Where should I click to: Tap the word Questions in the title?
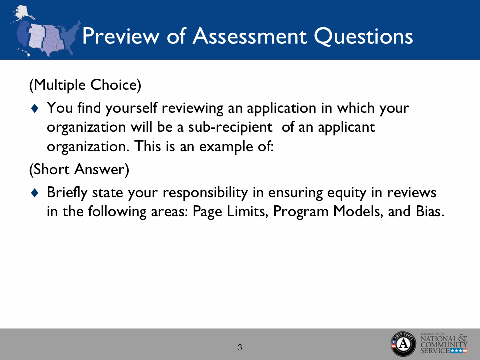(x=367, y=37)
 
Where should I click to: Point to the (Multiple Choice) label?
(x=85, y=85)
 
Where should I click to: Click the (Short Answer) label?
(x=79, y=170)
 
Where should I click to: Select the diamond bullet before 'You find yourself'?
(x=34, y=108)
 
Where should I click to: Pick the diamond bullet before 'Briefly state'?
(x=34, y=193)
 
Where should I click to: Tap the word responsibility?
(x=201, y=193)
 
